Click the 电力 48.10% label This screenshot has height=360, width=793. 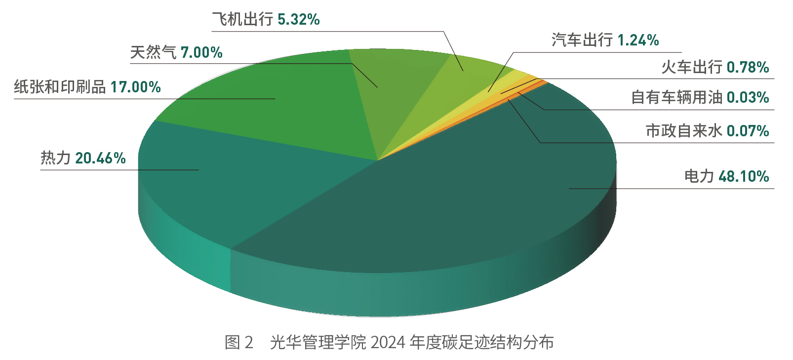[726, 176]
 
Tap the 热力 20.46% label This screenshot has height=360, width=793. [83, 158]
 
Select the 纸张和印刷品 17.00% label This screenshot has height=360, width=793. [87, 87]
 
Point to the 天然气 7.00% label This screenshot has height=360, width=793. [176, 52]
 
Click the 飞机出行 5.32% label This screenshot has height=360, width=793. [266, 20]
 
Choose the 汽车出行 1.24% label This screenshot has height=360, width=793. [605, 40]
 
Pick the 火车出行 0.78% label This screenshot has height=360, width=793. [715, 67]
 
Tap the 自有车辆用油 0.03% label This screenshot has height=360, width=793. [700, 97]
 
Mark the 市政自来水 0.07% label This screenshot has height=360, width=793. [707, 131]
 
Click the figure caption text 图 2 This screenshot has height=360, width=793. [239, 342]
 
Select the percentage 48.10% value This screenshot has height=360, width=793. [744, 176]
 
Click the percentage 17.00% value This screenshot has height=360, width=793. [135, 87]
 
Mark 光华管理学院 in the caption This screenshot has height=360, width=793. [318, 342]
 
